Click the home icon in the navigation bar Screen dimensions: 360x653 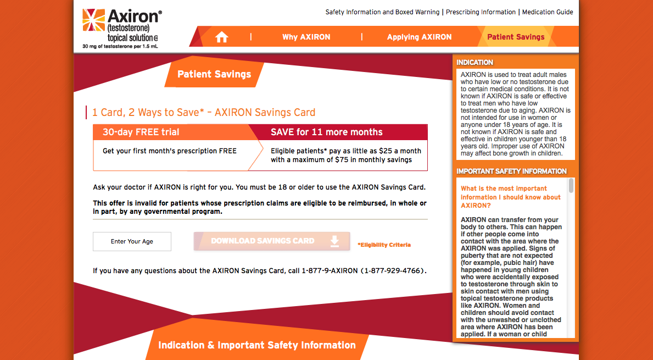[x=221, y=37]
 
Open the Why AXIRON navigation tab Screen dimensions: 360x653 [x=306, y=37]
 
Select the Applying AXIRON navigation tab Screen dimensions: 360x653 [x=419, y=37]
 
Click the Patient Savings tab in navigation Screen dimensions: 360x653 [x=516, y=37]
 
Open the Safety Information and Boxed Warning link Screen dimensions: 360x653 [x=382, y=12]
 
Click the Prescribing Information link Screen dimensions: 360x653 [x=481, y=12]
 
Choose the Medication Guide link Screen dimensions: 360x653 [x=548, y=12]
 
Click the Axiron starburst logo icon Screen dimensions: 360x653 [x=93, y=21]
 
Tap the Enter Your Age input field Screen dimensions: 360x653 [x=132, y=241]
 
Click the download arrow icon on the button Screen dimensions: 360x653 [x=334, y=241]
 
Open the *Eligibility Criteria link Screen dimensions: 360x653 [x=384, y=245]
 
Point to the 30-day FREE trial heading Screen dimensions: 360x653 [x=141, y=132]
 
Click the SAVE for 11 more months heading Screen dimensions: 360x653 [x=326, y=132]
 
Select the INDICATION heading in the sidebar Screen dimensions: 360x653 [x=475, y=63]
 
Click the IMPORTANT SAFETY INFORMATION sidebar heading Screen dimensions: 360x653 [x=511, y=171]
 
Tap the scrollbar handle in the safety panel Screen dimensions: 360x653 [x=571, y=186]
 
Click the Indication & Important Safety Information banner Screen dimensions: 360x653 [x=256, y=345]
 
